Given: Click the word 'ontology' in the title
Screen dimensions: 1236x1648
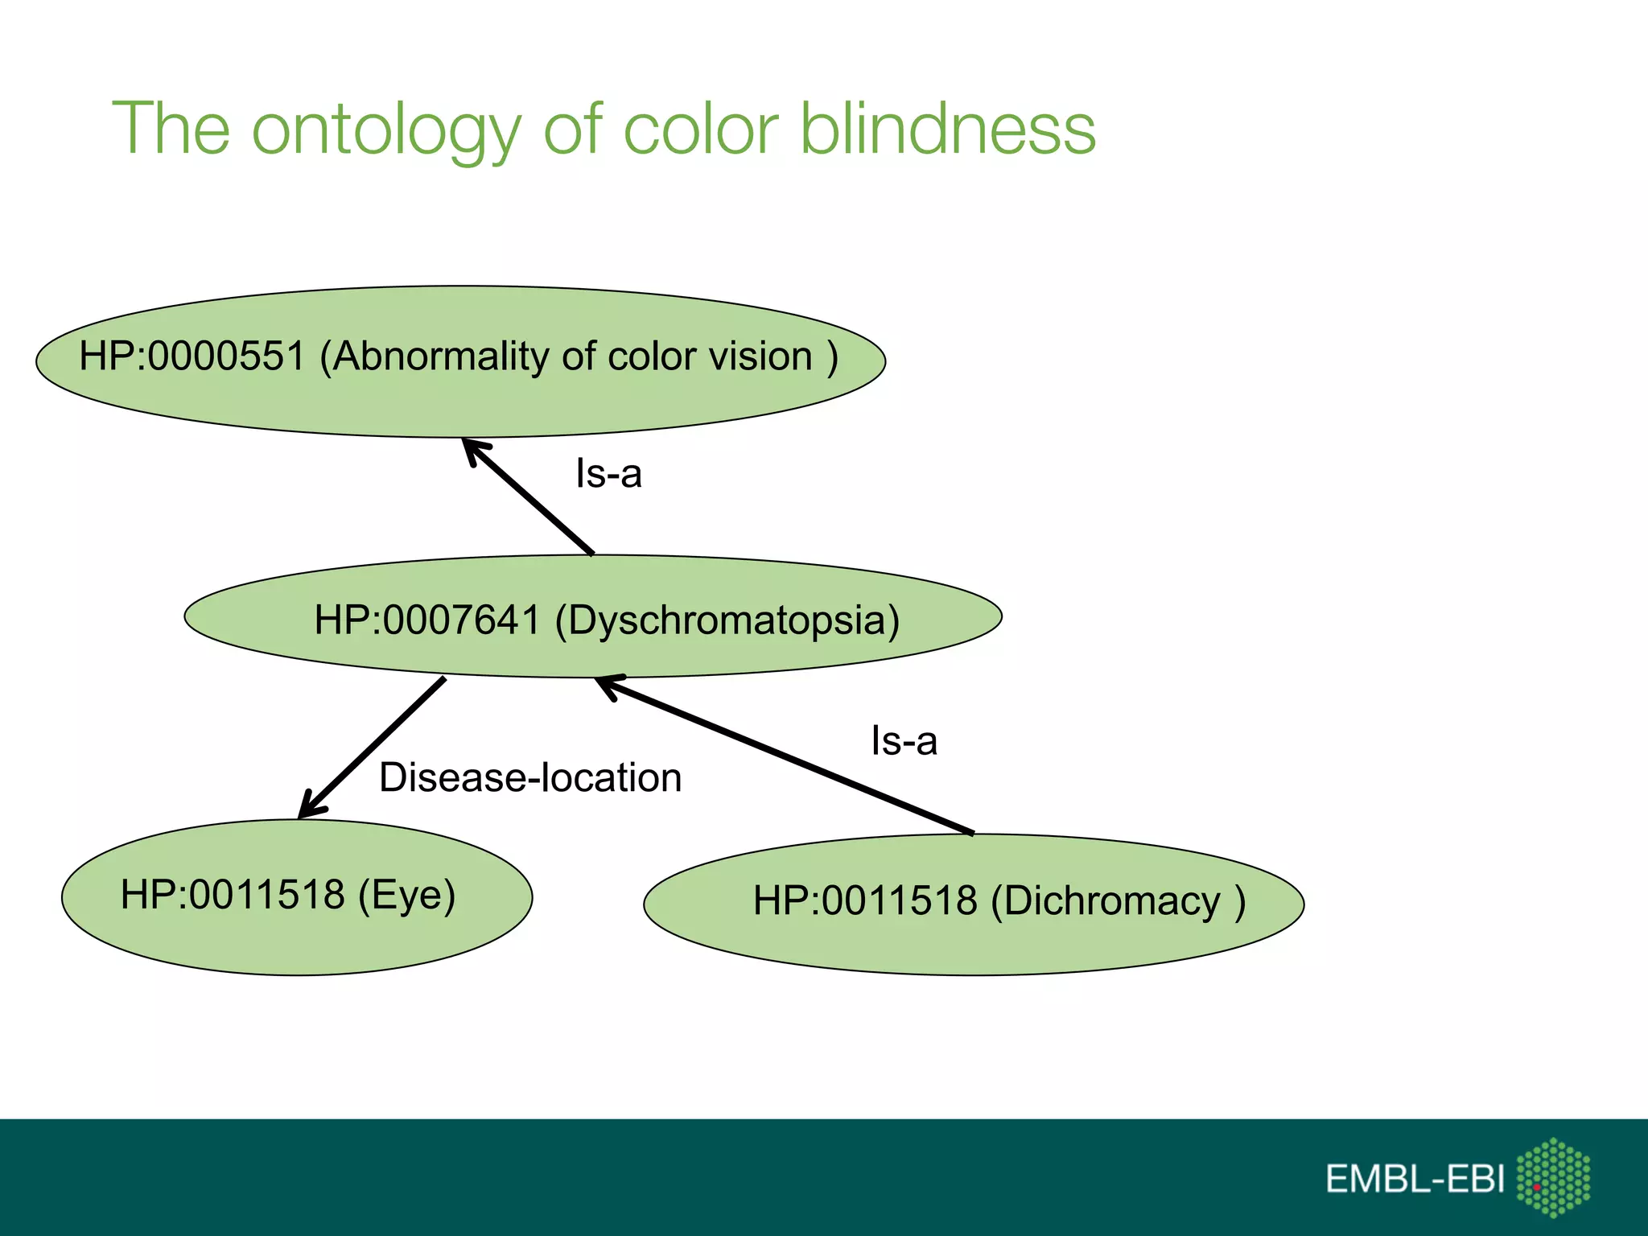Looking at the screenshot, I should pos(386,130).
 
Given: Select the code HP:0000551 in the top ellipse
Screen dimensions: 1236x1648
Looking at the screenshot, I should pos(192,356).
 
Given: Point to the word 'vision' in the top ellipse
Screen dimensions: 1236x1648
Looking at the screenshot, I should pos(764,356).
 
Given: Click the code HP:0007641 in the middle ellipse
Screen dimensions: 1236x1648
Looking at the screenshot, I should pos(427,620).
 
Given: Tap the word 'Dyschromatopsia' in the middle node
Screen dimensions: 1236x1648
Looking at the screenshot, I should pos(727,621).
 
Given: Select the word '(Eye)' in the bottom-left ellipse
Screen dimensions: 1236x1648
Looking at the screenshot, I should pos(406,895).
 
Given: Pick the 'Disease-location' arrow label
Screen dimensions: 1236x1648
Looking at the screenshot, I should pos(530,778).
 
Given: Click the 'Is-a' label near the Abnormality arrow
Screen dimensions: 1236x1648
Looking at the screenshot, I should pos(608,473).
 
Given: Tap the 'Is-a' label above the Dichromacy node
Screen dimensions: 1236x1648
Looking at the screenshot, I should pos(904,740).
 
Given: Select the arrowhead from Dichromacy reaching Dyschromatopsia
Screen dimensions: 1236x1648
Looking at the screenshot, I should pos(608,685).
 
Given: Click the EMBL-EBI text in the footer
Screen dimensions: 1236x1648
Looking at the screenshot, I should pos(1415,1180).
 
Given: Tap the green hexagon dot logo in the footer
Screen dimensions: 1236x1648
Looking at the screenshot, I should pos(1553,1177).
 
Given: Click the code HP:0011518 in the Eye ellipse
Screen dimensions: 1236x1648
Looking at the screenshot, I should pos(233,895).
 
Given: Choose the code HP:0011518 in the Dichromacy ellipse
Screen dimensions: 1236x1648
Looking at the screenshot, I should pos(865,901).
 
